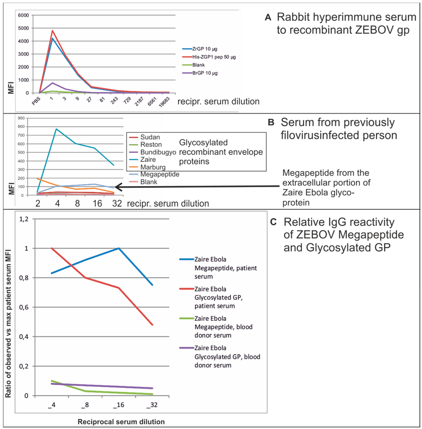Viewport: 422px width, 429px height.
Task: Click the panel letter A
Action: [268, 18]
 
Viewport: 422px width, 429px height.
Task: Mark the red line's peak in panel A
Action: [52, 30]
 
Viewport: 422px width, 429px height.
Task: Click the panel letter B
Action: [271, 123]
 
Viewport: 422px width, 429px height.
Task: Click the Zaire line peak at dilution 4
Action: [56, 129]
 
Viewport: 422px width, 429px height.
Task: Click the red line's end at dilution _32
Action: [153, 325]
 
